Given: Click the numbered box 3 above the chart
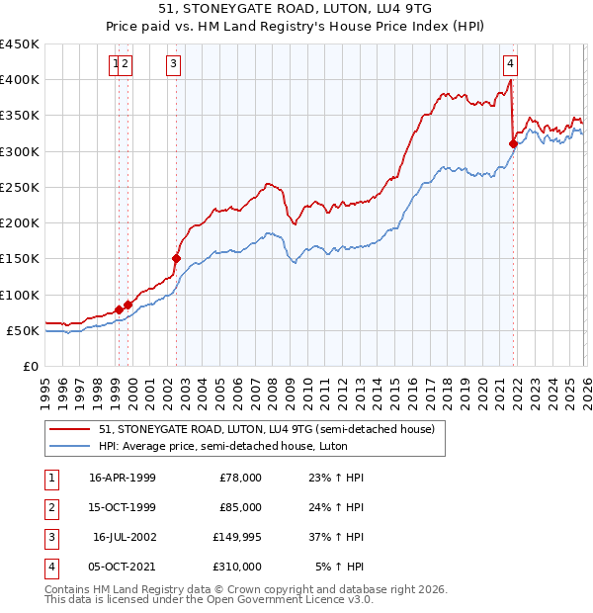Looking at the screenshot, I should [x=174, y=65].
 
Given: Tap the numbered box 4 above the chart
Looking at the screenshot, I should [x=510, y=65].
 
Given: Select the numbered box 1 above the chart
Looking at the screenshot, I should [x=117, y=65].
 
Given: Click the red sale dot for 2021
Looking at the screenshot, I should [x=513, y=143].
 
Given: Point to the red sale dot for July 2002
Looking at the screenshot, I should [x=176, y=259].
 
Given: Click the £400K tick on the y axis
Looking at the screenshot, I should [x=20, y=80].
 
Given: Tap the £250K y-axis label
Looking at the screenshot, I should [x=20, y=187].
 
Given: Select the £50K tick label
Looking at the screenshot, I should [x=24, y=330].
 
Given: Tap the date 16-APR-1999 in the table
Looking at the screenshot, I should [x=122, y=478].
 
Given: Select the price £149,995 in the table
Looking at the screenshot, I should [x=236, y=538].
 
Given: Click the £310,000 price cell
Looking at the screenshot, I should [x=236, y=568].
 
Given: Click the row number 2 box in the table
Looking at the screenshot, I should [x=50, y=507].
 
